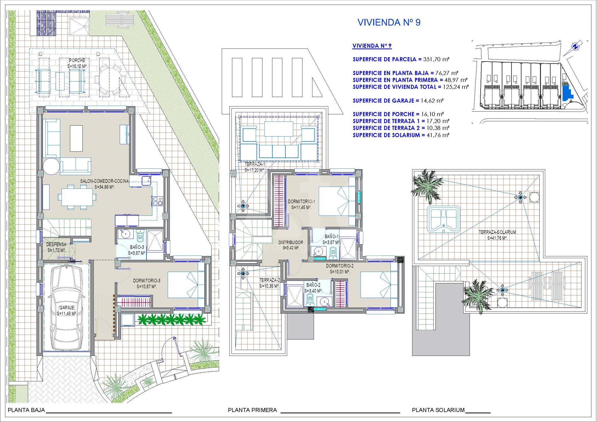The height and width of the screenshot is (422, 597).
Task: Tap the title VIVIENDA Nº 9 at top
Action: point(389,23)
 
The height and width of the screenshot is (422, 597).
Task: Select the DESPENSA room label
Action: point(56,244)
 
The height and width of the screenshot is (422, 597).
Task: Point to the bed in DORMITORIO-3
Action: point(186,285)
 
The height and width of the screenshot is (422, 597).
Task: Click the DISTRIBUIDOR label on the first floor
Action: point(291,243)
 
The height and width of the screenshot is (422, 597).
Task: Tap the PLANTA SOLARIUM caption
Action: point(438,410)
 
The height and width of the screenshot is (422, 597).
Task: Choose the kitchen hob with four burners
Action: point(158,201)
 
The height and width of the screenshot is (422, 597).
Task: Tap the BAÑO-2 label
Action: point(313,285)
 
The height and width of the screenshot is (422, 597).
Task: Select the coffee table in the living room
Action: point(76,138)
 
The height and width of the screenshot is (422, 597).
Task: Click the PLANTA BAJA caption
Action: point(26,410)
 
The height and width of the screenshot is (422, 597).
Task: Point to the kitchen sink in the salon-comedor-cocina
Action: point(146,181)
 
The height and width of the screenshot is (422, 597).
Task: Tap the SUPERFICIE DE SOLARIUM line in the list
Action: point(401,135)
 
